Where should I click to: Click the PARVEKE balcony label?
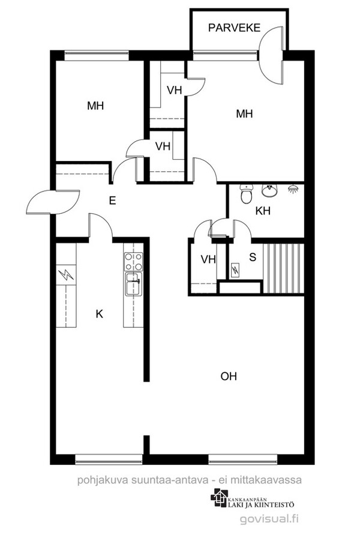(x=234, y=28)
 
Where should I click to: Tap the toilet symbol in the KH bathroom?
(x=246, y=194)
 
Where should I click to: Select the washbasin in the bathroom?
(x=269, y=191)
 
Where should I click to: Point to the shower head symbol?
(x=292, y=189)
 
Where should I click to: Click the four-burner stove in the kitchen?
(x=134, y=262)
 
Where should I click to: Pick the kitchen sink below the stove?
(x=134, y=284)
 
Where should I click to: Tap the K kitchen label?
(x=100, y=313)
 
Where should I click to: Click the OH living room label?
(x=229, y=376)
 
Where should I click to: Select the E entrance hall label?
(x=112, y=201)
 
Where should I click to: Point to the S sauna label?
(x=253, y=258)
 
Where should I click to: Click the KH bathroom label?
(x=263, y=211)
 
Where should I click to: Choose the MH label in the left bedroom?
(x=95, y=106)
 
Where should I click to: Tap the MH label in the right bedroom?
(x=244, y=113)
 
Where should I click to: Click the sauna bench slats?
(x=284, y=268)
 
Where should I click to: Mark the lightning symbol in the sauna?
(x=236, y=270)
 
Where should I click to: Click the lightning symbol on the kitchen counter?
(x=66, y=274)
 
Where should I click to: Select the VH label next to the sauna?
(x=208, y=259)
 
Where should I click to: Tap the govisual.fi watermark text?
(x=269, y=518)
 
